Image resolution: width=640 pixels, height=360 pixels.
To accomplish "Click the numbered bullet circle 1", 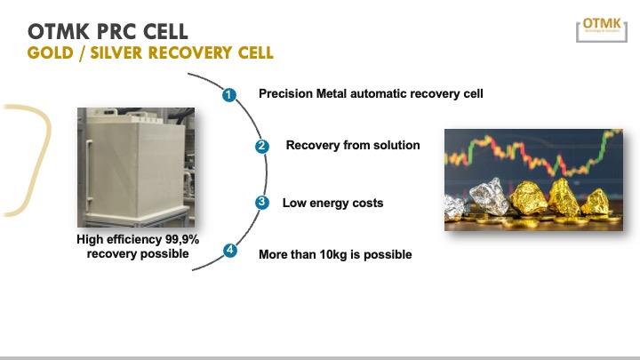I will point(228,94).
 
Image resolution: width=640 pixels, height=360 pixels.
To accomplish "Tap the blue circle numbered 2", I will point(261,147).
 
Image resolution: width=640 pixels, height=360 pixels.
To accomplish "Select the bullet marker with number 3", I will point(261,203).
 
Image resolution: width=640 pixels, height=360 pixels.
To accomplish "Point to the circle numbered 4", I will point(229,251).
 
